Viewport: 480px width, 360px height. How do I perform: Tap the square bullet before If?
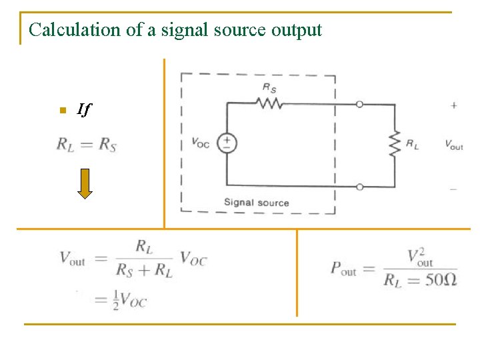(x=61, y=110)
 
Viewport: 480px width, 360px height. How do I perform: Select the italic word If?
(x=83, y=109)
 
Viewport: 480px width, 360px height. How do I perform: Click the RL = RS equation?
(x=86, y=144)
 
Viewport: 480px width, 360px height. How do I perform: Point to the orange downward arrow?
(x=85, y=184)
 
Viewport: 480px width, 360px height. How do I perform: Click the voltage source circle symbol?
(x=227, y=143)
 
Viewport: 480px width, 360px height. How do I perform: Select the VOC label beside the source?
(x=200, y=142)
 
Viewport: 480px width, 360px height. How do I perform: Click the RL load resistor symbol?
(x=394, y=143)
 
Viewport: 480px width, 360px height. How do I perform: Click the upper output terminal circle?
(x=360, y=104)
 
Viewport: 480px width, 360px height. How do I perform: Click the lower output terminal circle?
(x=360, y=187)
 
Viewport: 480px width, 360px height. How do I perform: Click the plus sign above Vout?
(x=453, y=105)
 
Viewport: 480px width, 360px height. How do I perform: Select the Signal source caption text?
(x=256, y=203)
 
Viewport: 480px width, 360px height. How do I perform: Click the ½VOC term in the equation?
(x=130, y=299)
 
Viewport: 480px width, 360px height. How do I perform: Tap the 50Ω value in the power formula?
(x=441, y=279)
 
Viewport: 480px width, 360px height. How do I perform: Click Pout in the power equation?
(x=343, y=268)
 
